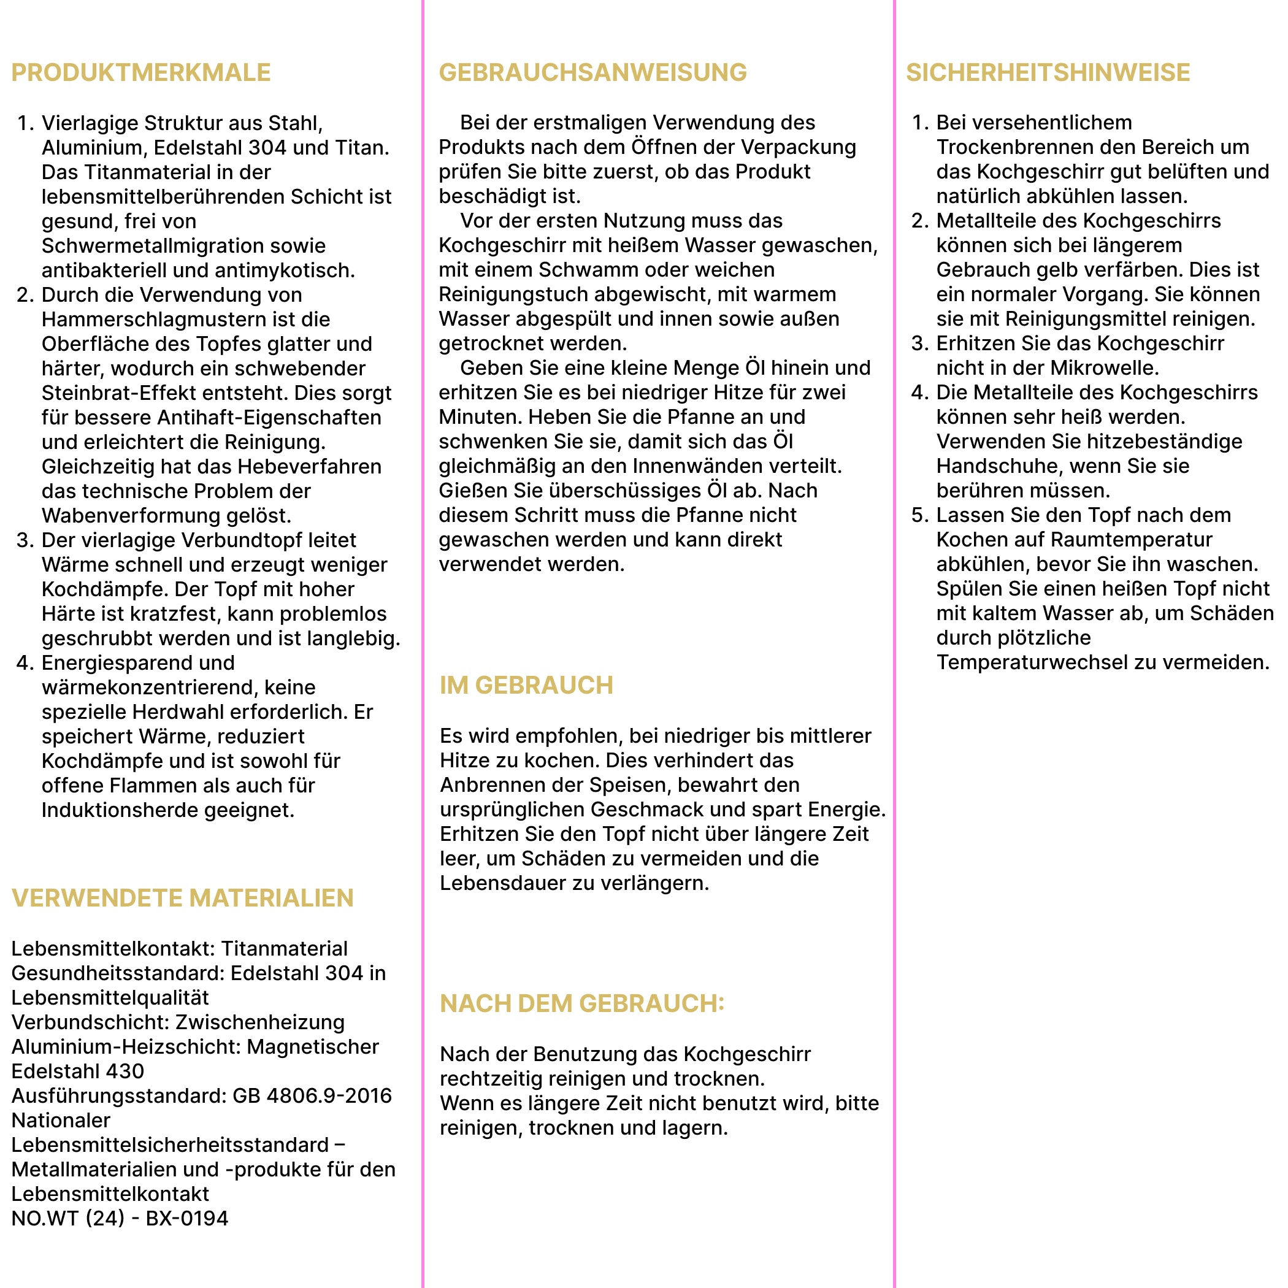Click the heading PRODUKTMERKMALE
[x=140, y=72]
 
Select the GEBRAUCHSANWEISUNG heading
[x=592, y=72]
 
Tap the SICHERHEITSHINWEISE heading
[x=1048, y=72]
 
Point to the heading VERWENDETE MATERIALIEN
[x=182, y=898]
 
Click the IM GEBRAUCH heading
[x=526, y=685]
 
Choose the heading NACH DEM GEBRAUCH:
[x=581, y=1003]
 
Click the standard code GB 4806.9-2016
[x=312, y=1095]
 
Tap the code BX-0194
[x=186, y=1218]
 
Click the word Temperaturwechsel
[x=1027, y=662]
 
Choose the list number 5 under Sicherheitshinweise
[x=919, y=515]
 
